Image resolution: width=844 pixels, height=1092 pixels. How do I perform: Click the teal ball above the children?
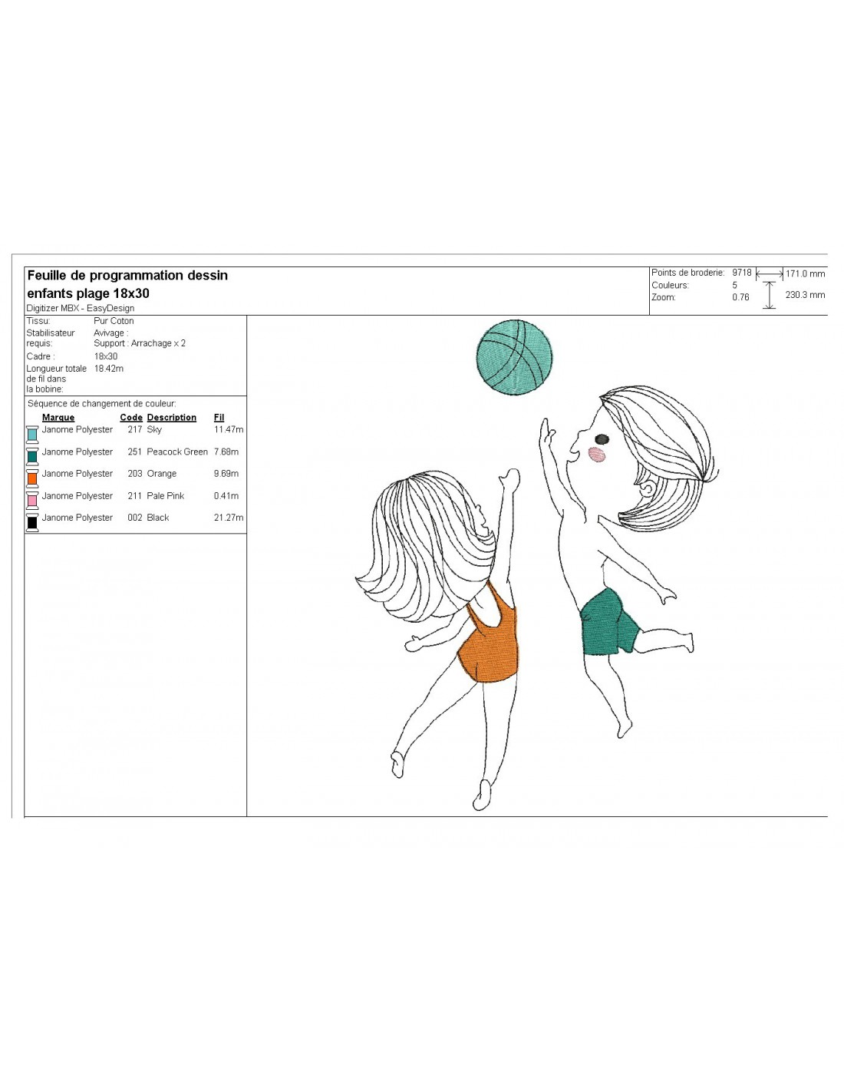tap(513, 357)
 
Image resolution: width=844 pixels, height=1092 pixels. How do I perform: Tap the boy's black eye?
tap(602, 439)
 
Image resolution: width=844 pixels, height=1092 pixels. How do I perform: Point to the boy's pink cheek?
tap(597, 455)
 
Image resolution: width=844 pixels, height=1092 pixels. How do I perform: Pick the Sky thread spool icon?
tap(32, 434)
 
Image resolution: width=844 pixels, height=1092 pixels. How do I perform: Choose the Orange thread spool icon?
tap(32, 478)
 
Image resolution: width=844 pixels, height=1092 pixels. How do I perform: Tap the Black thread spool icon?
tap(32, 522)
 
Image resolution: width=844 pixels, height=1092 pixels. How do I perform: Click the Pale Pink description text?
tap(165, 495)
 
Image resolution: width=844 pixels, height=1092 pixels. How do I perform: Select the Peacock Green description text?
tap(176, 452)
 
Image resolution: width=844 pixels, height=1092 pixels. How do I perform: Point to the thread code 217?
tap(134, 429)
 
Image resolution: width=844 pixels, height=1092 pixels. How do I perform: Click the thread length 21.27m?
tap(229, 518)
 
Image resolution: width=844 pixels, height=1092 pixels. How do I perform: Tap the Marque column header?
tap(58, 417)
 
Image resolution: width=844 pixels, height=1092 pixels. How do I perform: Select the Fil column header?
tap(219, 417)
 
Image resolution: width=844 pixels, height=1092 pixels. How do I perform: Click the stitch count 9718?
tap(742, 273)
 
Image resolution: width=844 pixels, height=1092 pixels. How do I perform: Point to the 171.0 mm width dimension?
tap(805, 274)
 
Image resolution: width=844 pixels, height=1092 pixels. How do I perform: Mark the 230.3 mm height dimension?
tap(805, 295)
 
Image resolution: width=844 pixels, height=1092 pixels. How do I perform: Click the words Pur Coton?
tap(114, 321)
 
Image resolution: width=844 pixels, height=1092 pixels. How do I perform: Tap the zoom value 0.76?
tap(740, 297)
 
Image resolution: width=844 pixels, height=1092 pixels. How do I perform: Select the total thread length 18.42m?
tap(108, 369)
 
